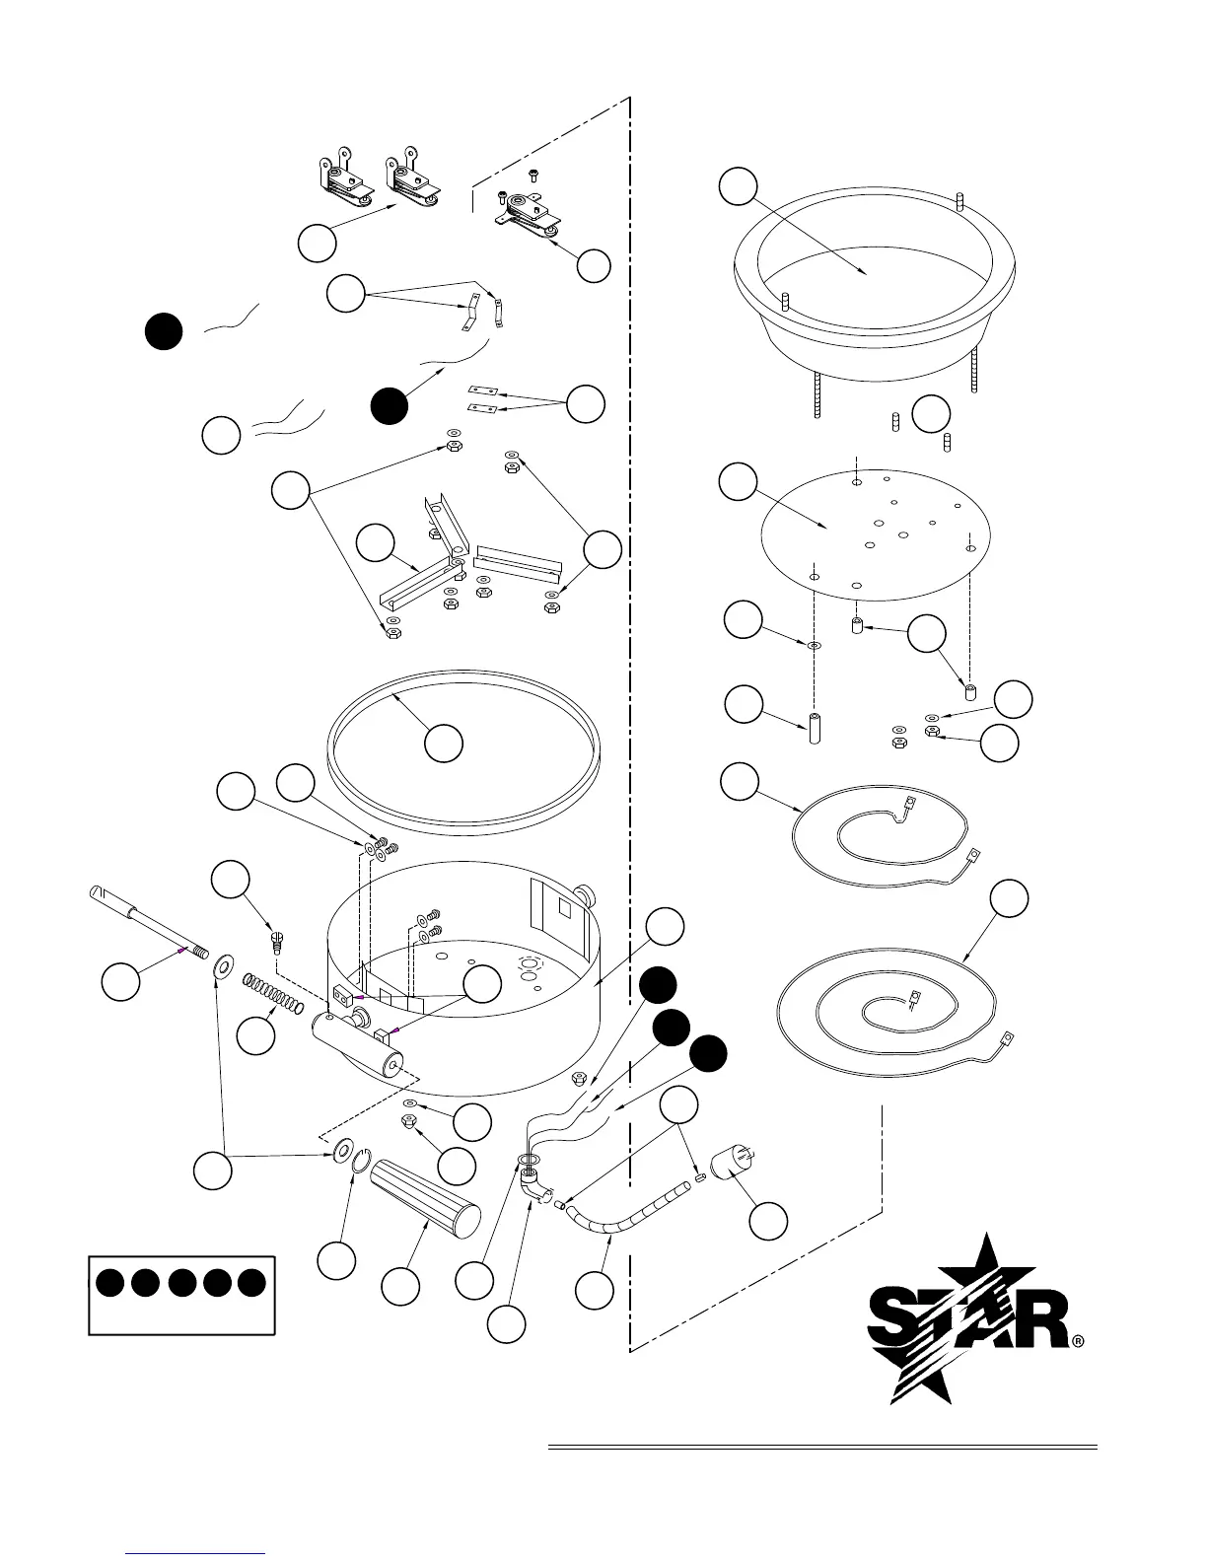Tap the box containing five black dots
[181, 1294]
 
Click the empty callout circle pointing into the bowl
[738, 186]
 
